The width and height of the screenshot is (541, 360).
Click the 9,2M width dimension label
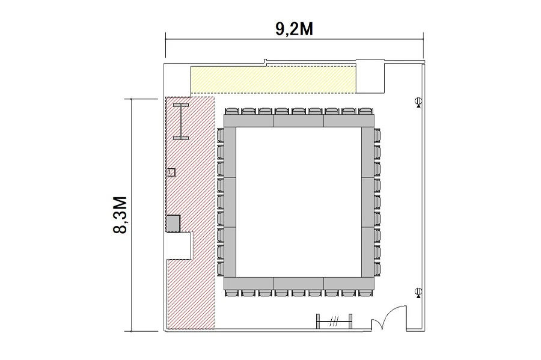point(295,29)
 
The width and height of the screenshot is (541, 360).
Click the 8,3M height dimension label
point(120,215)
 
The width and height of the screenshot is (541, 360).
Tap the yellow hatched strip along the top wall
point(274,80)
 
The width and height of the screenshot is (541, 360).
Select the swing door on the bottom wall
point(389,317)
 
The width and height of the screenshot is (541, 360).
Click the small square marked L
point(171,172)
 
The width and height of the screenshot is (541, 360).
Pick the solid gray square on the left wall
point(174,223)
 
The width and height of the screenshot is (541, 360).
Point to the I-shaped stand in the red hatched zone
point(181,121)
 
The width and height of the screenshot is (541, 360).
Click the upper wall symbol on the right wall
point(418,102)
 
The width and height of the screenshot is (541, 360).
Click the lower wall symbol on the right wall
point(418,293)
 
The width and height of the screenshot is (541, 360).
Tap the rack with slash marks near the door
point(334,322)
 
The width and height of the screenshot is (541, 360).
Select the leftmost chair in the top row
point(232,111)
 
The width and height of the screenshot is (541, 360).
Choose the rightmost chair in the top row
point(365,111)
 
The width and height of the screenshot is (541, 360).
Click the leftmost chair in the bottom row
point(232,293)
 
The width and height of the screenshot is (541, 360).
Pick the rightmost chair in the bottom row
point(365,293)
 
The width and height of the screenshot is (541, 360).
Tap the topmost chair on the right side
point(377,135)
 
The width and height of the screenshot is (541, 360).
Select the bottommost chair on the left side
point(221,269)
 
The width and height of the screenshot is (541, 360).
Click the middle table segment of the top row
point(298,121)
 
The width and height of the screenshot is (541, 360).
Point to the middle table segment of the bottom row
point(298,284)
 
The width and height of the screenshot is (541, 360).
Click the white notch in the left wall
point(179,246)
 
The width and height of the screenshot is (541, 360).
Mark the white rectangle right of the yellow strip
point(370,76)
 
